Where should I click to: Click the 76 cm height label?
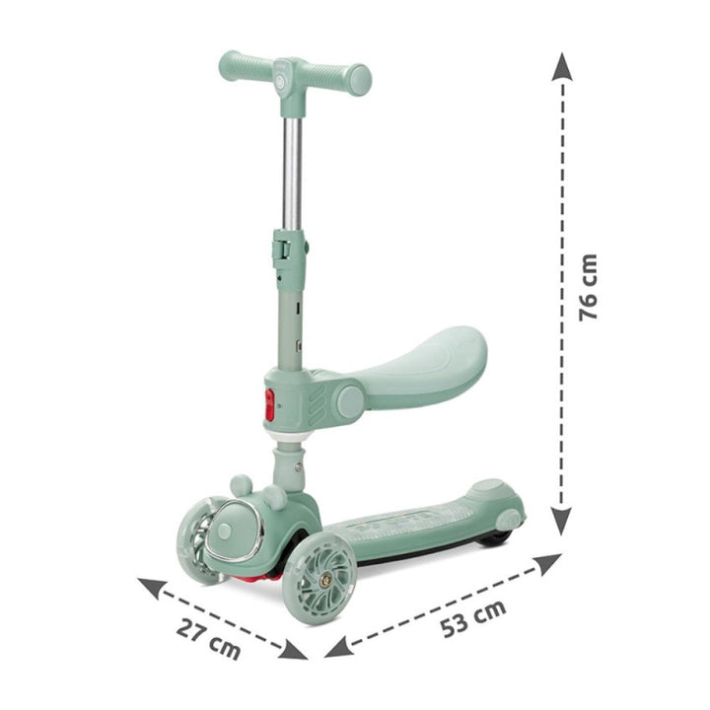[589, 287]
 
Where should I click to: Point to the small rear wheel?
[493, 537]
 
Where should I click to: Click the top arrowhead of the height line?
[562, 64]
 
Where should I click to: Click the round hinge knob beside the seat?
[349, 401]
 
